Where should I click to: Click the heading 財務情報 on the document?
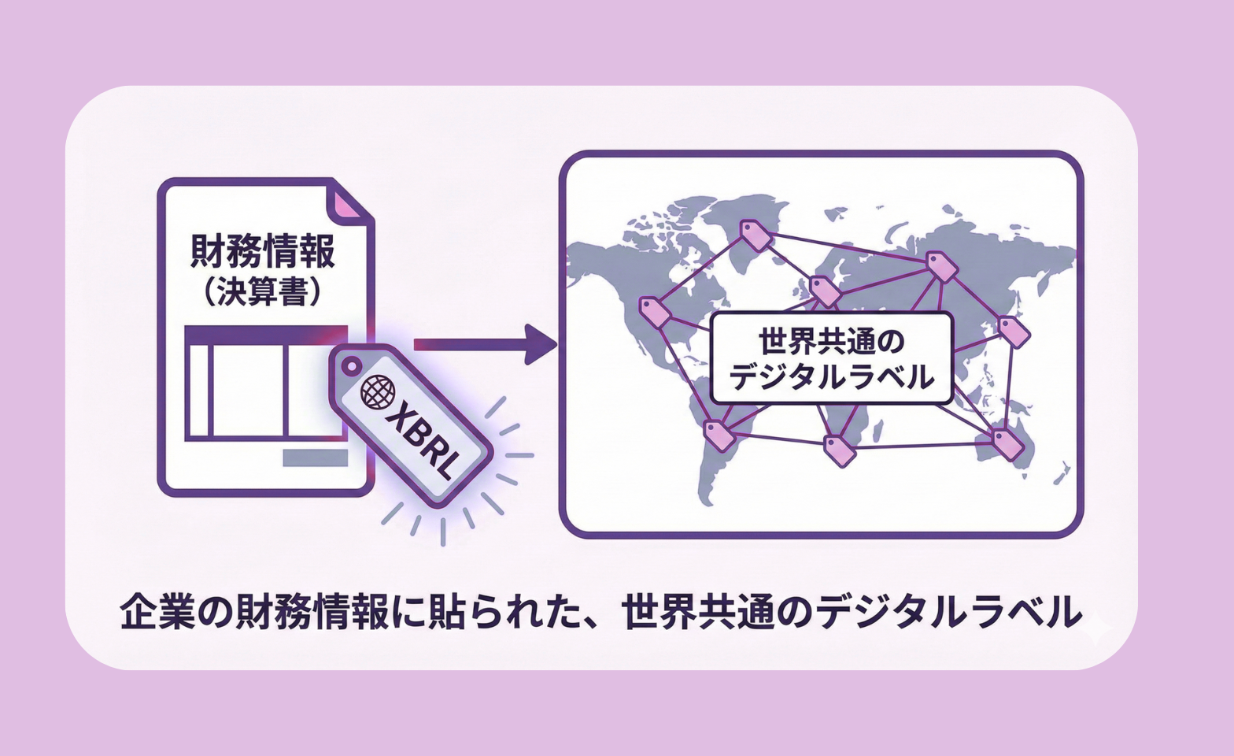pos(262,250)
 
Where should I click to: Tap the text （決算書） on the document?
pos(262,293)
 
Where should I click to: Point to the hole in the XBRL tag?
pos(351,365)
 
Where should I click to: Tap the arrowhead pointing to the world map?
pos(541,344)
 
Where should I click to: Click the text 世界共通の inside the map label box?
pos(831,342)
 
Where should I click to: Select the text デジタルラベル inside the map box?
pos(831,377)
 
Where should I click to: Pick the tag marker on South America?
pos(718,435)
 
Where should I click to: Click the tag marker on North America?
pos(655,313)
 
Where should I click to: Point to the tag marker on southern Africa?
pos(839,449)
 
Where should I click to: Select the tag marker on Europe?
pos(825,291)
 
